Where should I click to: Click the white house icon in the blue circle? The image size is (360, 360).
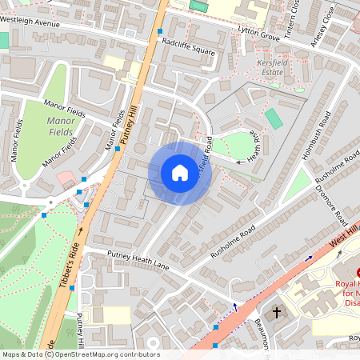tap(180, 173)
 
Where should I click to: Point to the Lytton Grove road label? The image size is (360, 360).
tap(258, 32)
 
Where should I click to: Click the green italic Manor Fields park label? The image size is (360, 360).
tap(61, 126)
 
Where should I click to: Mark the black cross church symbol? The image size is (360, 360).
tap(278, 311)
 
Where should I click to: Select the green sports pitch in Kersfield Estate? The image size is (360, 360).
tap(274, 119)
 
